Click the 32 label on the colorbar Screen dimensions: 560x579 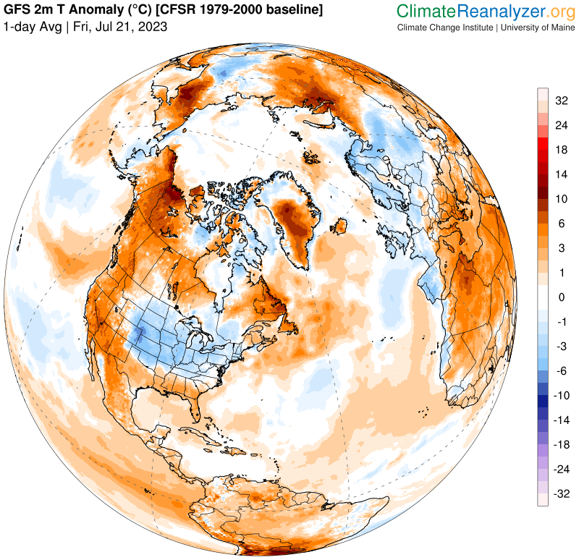point(562,101)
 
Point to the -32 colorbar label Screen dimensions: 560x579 point(560,494)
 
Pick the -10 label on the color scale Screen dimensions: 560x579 point(560,396)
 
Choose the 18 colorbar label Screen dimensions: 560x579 point(562,150)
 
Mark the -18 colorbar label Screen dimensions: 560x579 point(560,445)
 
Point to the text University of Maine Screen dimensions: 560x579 point(536,27)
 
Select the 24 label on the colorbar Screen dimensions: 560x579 point(562,125)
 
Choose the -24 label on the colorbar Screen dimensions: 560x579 point(560,470)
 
